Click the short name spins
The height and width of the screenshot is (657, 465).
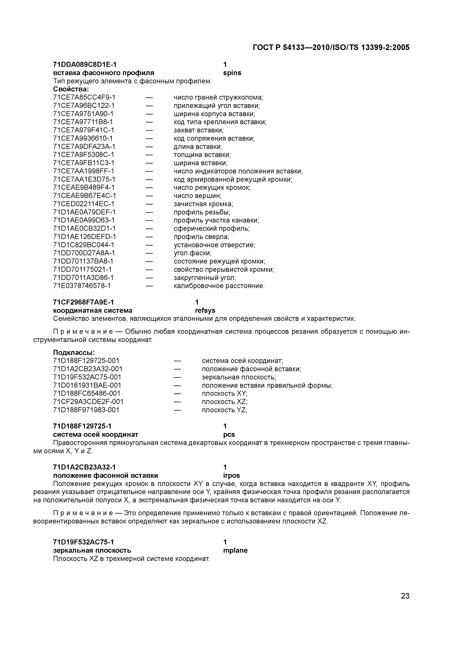[232, 73]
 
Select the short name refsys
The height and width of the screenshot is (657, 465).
[205, 311]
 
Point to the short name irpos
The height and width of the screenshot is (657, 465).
[232, 476]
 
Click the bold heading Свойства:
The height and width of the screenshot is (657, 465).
[71, 89]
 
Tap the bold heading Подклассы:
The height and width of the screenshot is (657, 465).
[74, 352]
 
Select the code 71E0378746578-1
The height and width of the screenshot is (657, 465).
[82, 286]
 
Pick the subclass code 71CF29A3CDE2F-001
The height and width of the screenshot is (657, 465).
[88, 402]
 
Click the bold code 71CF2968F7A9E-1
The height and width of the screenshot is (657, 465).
[83, 302]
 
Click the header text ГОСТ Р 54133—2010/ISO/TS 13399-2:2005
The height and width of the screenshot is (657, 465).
[331, 48]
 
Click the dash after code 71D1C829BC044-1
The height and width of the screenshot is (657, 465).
[149, 245]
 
